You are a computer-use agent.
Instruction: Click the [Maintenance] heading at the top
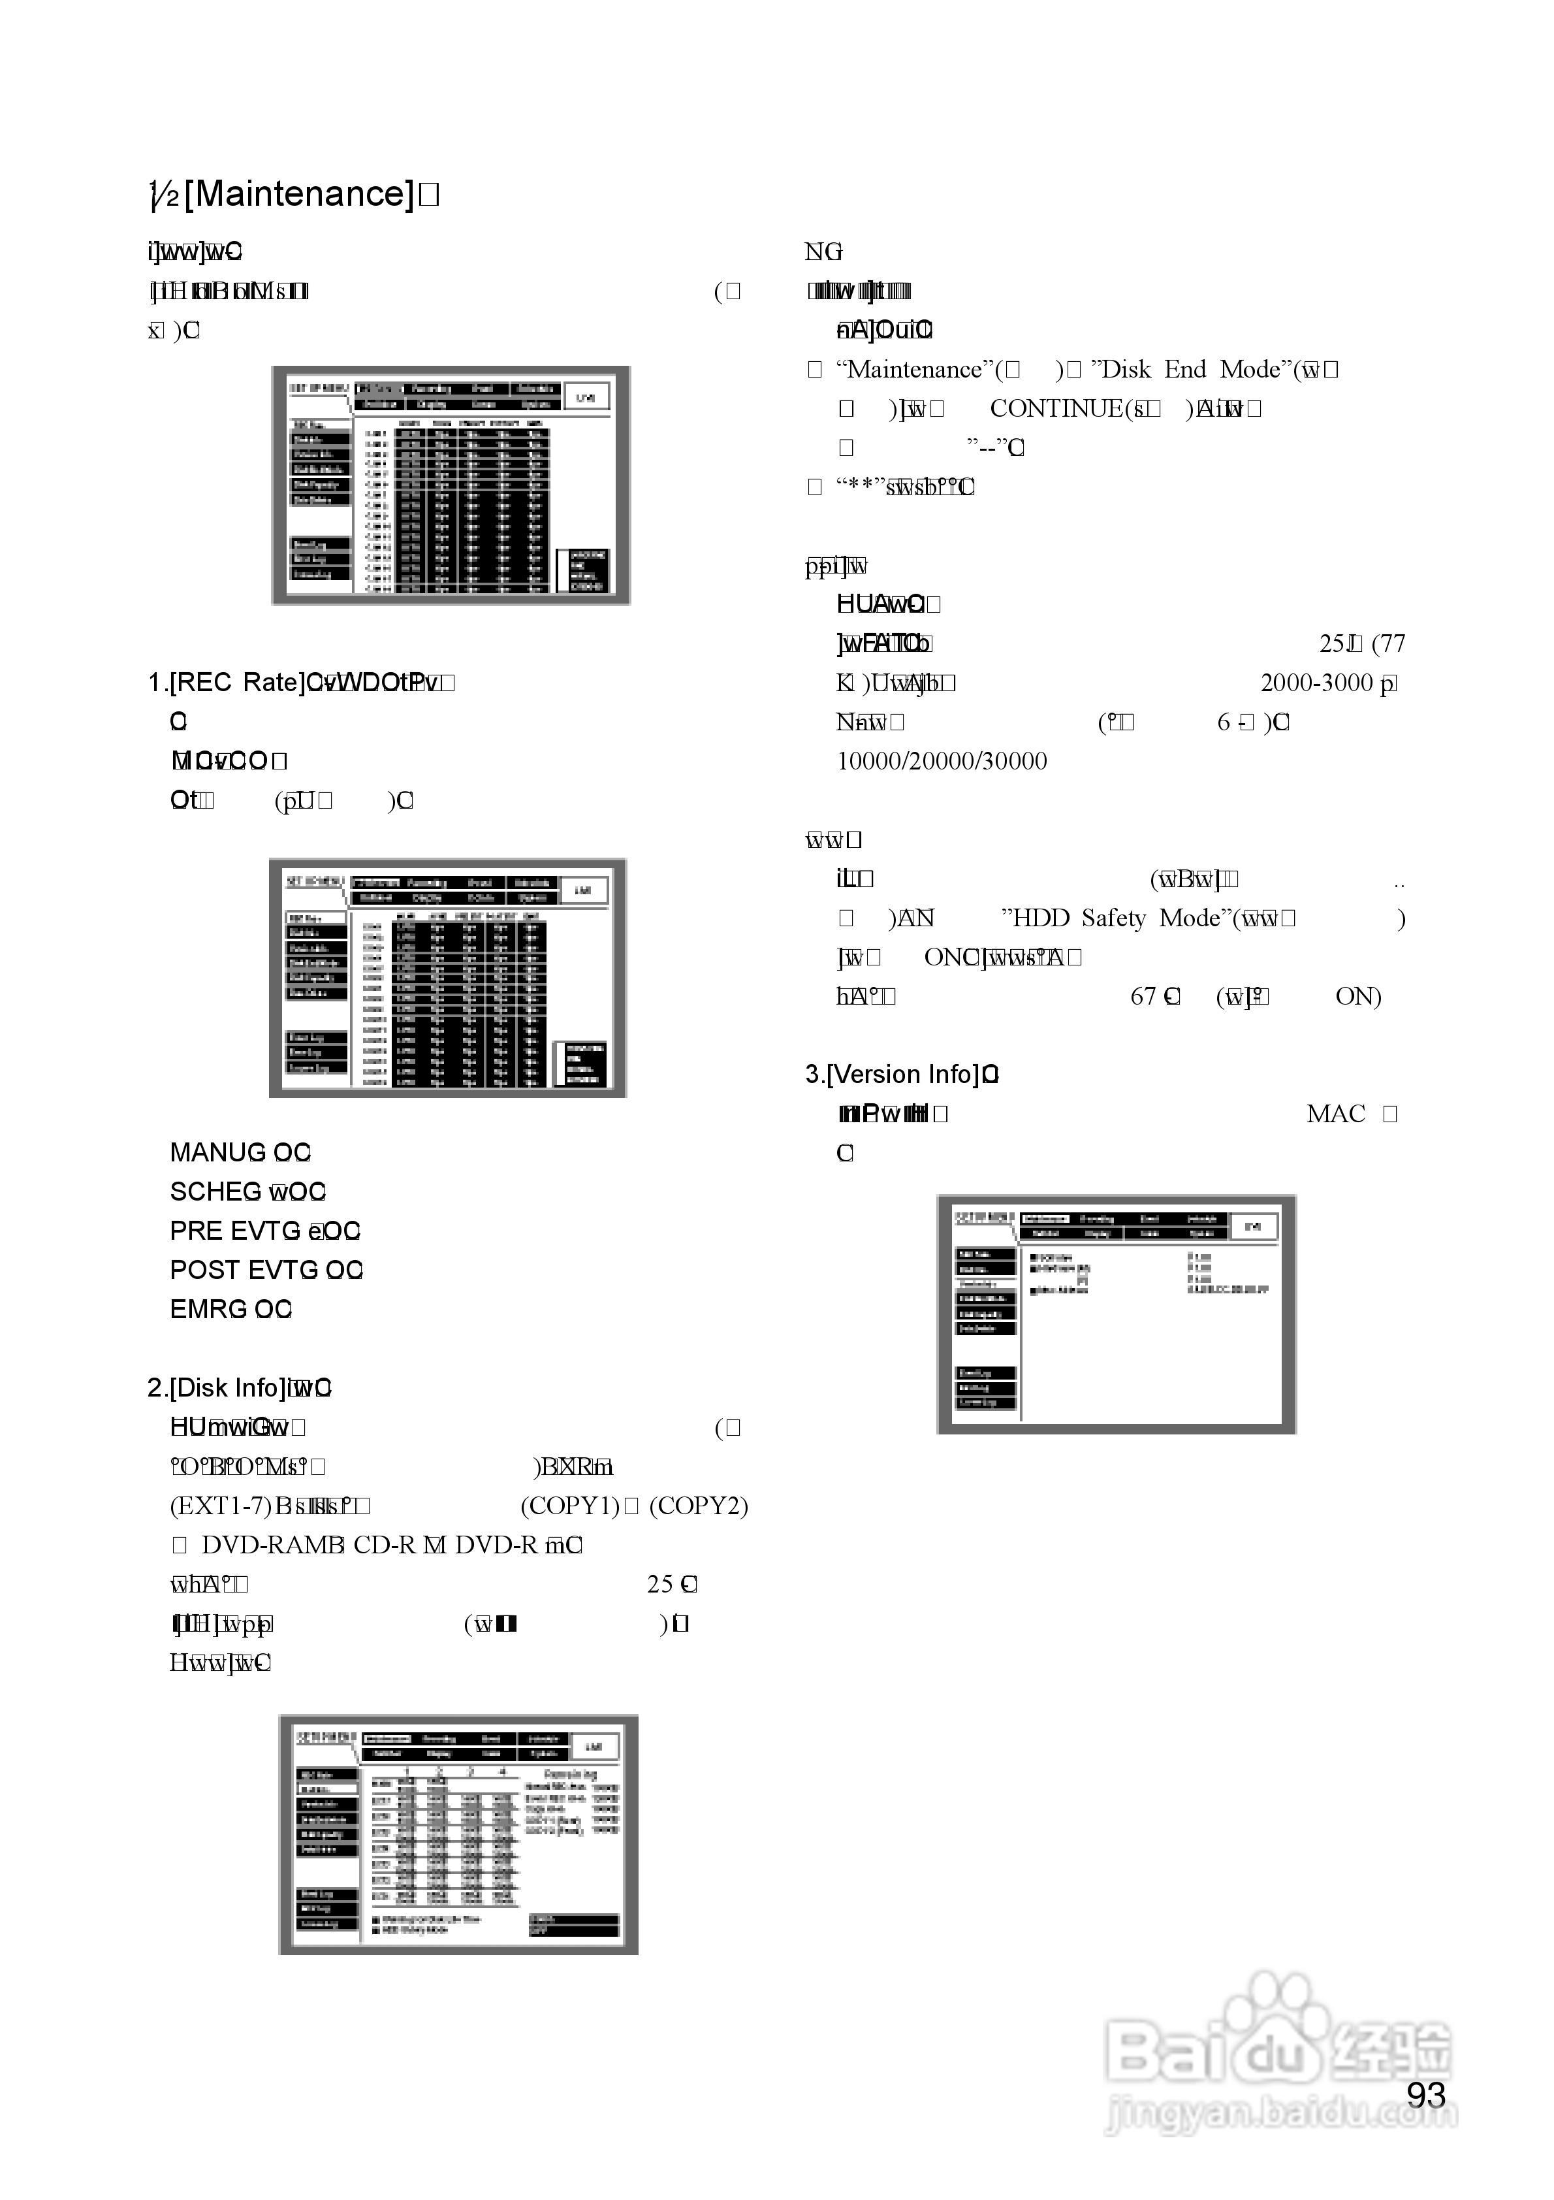pyautogui.click(x=298, y=195)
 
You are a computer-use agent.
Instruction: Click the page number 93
pyautogui.click(x=1425, y=2095)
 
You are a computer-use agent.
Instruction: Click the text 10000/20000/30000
pyautogui.click(x=942, y=761)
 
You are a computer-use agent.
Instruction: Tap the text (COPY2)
pyautogui.click(x=699, y=1505)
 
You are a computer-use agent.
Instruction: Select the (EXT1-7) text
pyautogui.click(x=219, y=1505)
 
